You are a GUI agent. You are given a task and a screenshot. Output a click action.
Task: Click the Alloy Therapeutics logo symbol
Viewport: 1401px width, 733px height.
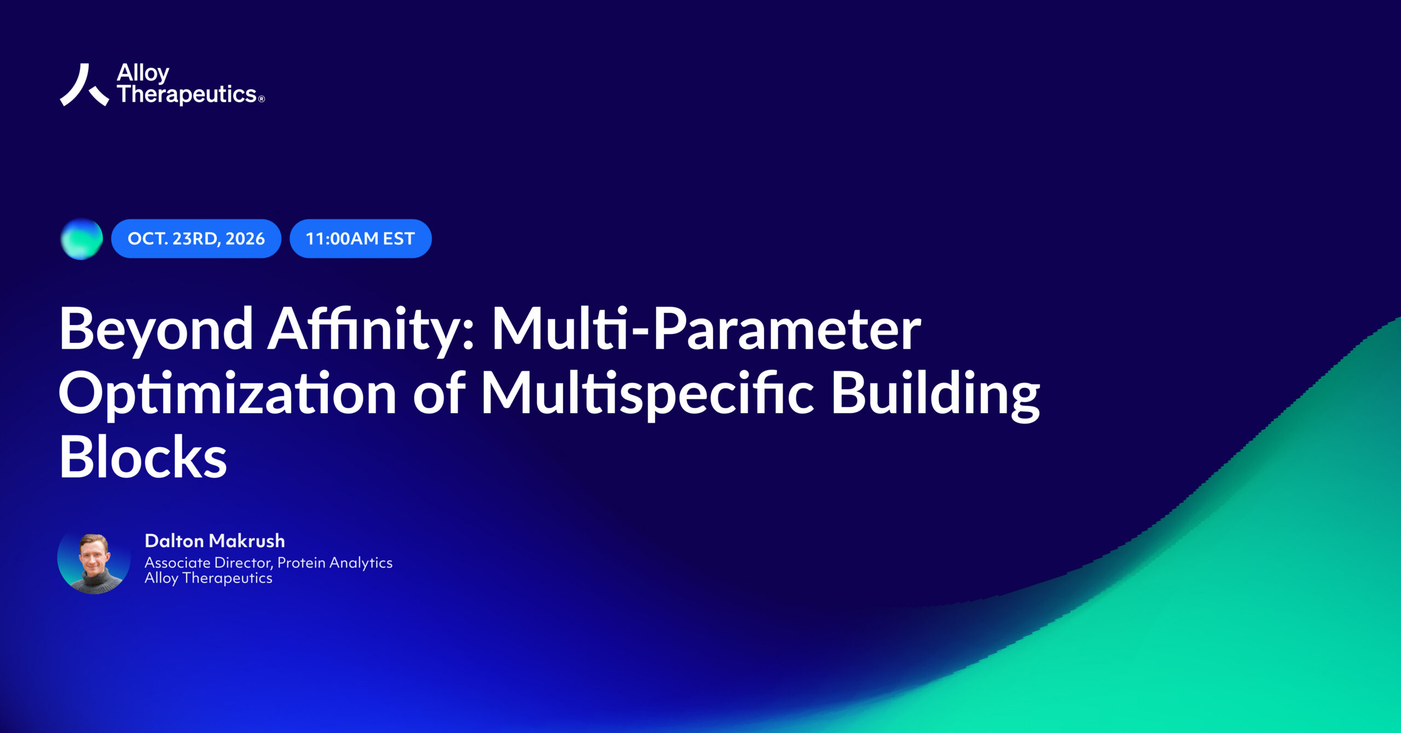[84, 85]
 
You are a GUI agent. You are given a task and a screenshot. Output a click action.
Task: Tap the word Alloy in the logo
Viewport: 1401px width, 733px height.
[143, 73]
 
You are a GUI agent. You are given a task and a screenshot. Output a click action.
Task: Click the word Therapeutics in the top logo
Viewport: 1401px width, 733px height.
[187, 95]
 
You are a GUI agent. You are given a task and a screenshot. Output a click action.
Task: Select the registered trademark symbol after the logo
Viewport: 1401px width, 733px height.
[262, 99]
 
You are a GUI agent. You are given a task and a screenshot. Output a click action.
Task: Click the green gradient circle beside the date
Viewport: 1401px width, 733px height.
[82, 239]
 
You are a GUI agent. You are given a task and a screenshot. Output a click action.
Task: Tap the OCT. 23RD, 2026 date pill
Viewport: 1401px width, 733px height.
[196, 238]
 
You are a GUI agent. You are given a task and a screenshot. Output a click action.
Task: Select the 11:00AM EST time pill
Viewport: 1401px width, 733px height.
[361, 238]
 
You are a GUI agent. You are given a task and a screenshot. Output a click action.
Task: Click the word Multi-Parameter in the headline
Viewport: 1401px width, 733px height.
[707, 329]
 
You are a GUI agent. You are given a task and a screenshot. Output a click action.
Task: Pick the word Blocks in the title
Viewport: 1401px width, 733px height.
[143, 457]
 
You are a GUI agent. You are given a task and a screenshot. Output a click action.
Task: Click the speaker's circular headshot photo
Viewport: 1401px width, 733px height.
[94, 558]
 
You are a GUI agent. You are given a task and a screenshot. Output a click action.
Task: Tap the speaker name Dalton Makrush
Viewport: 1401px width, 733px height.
[215, 541]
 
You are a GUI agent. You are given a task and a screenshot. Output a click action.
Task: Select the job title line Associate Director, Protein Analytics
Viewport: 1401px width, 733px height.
[268, 563]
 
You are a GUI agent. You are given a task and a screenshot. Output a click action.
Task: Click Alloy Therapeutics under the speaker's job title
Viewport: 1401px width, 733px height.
[208, 578]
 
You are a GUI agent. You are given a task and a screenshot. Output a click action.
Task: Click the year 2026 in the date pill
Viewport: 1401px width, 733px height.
[245, 238]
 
